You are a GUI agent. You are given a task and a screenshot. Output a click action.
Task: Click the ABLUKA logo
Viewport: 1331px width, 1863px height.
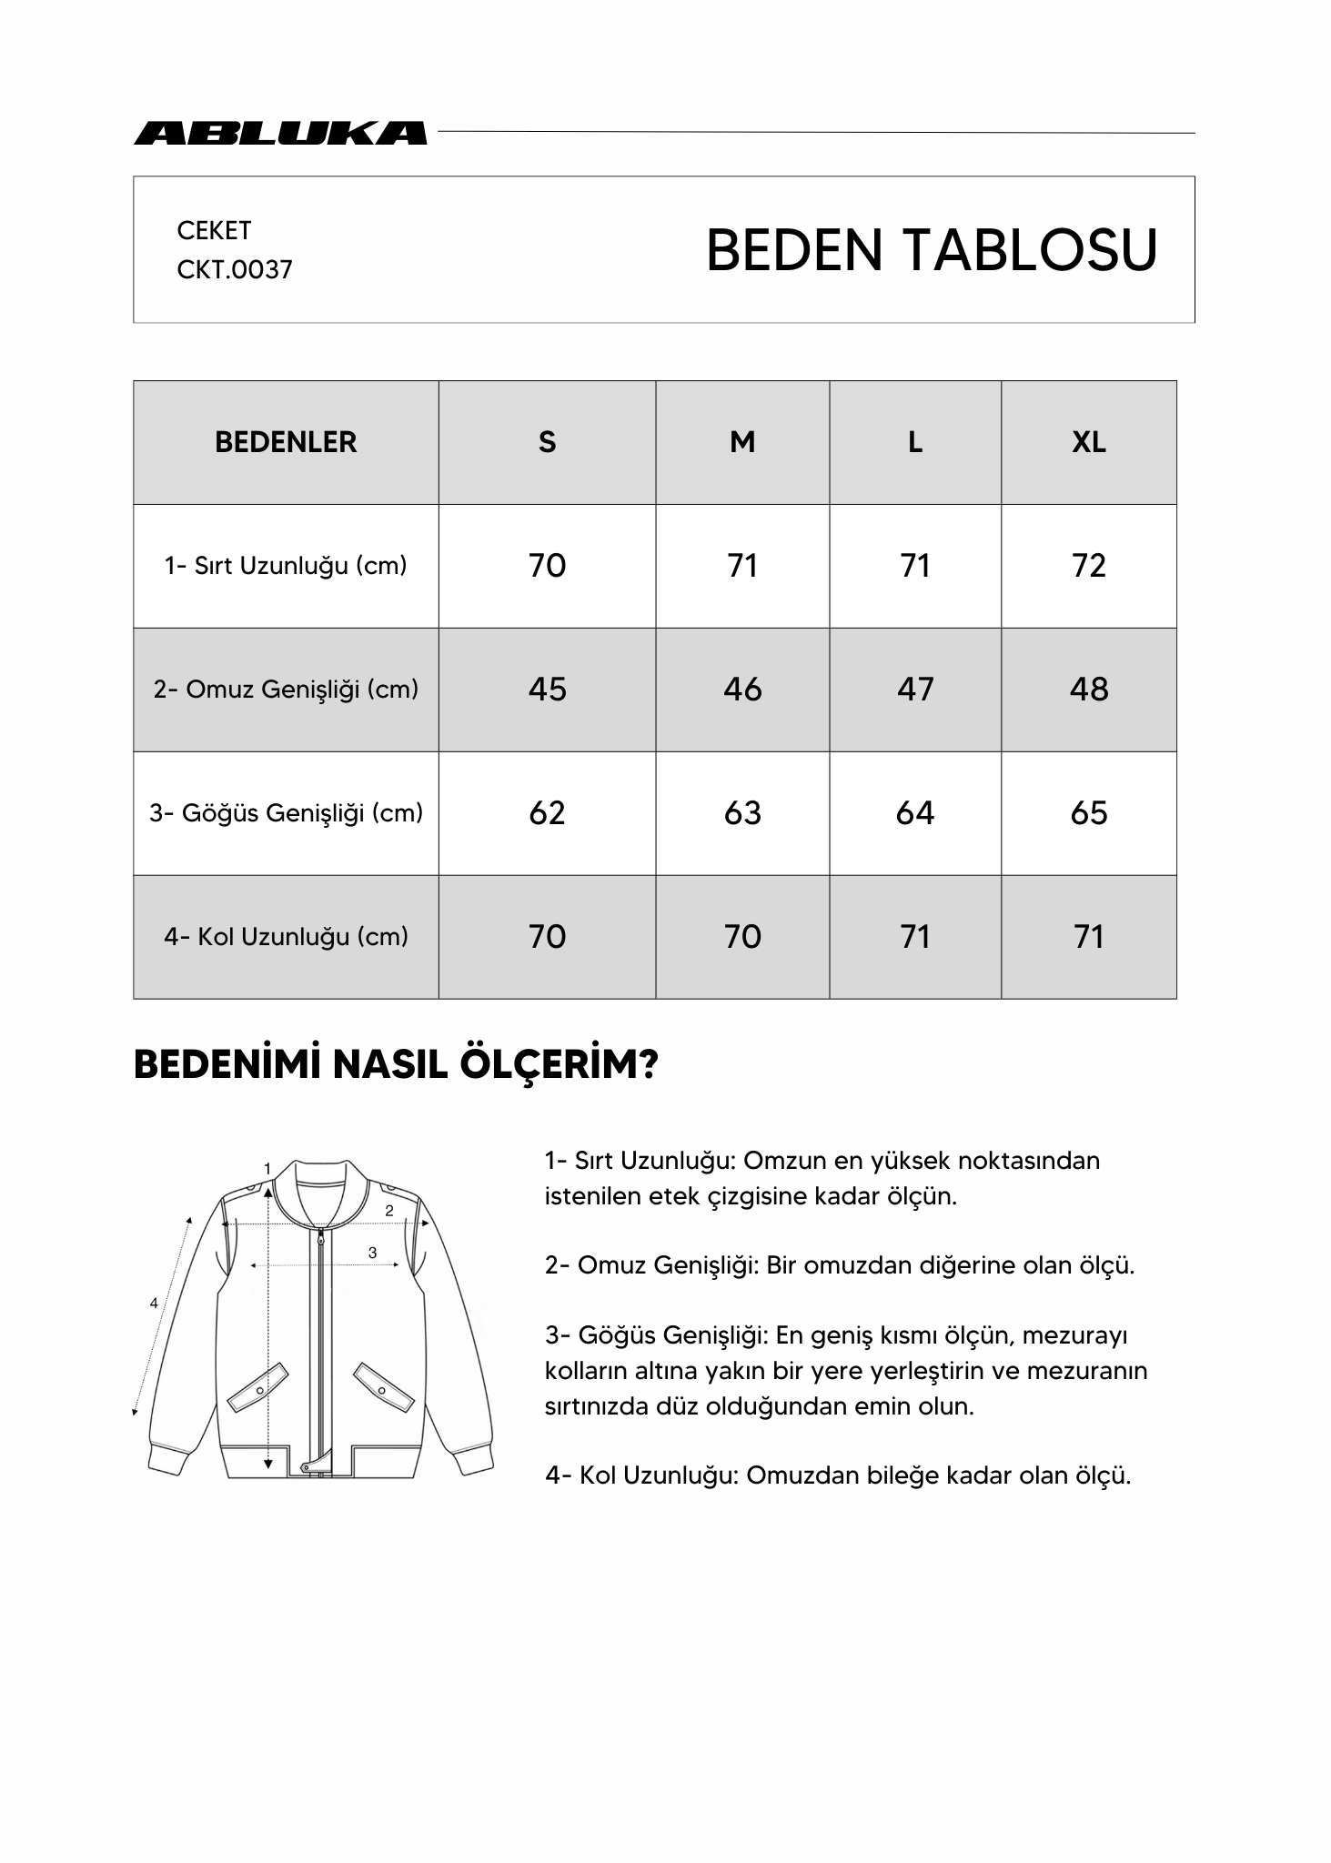280,133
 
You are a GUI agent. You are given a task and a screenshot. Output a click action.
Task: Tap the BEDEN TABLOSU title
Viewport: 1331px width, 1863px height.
931,250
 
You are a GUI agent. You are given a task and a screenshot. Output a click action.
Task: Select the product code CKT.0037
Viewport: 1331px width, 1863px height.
235,270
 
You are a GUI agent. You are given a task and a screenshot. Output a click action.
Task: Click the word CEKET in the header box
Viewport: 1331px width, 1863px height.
214,231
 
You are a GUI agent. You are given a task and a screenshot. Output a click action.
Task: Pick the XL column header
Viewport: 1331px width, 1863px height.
1088,442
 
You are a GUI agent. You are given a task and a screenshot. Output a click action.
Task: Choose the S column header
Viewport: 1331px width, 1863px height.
547,442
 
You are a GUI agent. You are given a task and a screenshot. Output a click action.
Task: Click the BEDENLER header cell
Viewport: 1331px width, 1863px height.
286,442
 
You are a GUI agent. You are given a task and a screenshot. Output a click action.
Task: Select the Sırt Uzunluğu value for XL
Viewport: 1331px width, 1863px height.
1088,566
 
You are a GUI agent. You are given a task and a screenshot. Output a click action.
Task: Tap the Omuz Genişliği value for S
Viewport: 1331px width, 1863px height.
547,690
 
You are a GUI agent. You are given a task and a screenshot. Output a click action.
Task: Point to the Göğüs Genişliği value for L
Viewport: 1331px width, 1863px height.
914,813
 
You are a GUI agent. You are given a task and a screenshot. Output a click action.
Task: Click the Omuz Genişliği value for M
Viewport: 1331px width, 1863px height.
742,690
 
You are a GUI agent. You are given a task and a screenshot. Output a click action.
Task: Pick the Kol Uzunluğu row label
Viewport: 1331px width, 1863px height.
286,937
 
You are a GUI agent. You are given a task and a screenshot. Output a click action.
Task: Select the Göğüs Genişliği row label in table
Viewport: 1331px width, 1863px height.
286,813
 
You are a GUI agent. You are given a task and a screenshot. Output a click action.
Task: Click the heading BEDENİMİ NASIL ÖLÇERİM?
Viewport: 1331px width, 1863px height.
396,1065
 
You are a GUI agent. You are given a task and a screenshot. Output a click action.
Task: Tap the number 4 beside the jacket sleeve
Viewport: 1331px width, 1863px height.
154,1304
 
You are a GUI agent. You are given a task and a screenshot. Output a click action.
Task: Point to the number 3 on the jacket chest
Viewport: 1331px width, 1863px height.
372,1253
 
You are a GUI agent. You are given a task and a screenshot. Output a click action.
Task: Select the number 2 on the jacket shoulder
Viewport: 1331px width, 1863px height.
389,1211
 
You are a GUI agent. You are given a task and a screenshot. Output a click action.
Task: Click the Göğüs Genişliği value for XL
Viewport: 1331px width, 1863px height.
1088,813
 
